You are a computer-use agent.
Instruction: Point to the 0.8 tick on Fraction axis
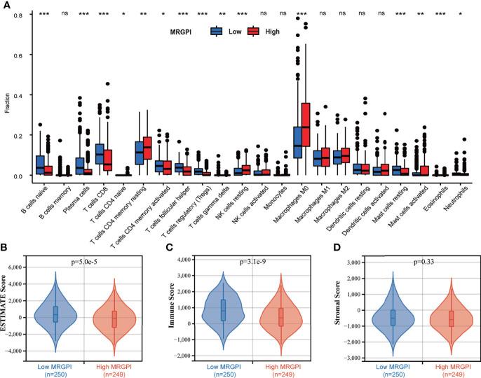pyautogui.click(x=20, y=14)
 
